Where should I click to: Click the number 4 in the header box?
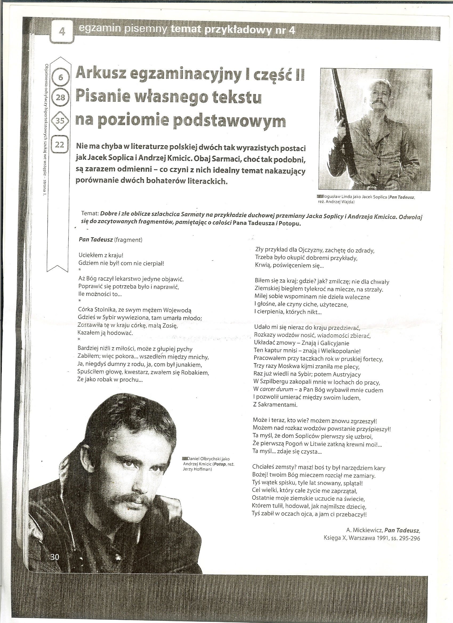coord(62,32)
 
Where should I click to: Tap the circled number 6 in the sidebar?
coord(61,78)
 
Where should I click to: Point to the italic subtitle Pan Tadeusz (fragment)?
coord(110,240)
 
